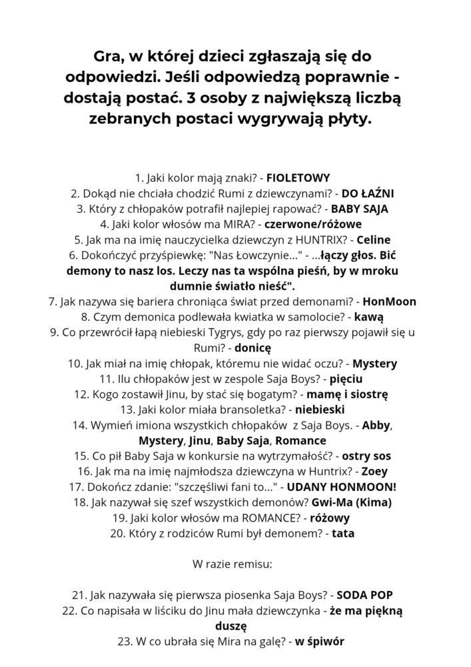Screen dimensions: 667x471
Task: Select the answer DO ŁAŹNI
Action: pyautogui.click(x=368, y=193)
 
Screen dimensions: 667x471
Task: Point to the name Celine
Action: pyautogui.click(x=374, y=239)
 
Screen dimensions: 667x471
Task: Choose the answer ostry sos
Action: pyautogui.click(x=366, y=456)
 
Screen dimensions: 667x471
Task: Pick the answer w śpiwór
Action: pyautogui.click(x=320, y=641)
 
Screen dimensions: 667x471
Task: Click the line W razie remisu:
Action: pyautogui.click(x=236, y=564)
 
